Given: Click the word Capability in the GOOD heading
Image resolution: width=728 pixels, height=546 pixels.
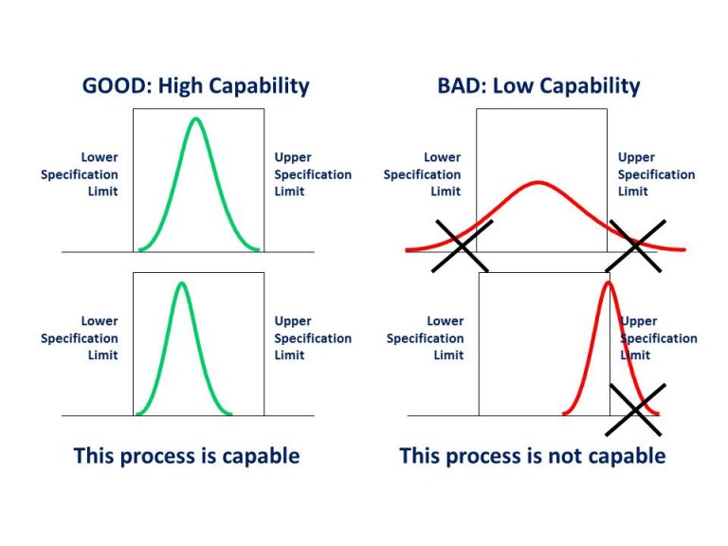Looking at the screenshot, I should (256, 87).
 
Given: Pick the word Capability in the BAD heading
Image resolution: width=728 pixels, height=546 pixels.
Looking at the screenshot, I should (591, 87).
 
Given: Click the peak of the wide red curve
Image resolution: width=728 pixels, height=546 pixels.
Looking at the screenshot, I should (538, 182).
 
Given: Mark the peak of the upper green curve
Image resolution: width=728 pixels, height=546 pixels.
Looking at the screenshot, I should (196, 118).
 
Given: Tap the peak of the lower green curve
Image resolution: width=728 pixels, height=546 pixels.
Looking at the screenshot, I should (181, 282).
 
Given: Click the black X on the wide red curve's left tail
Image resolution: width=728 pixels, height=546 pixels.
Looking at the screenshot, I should (463, 246).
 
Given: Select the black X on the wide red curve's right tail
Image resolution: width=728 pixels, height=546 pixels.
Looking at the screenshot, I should (637, 246).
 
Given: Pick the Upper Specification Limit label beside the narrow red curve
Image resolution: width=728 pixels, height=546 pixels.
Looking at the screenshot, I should (659, 338).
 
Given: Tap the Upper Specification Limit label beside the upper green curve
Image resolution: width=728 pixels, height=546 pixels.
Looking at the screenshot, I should (313, 174).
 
